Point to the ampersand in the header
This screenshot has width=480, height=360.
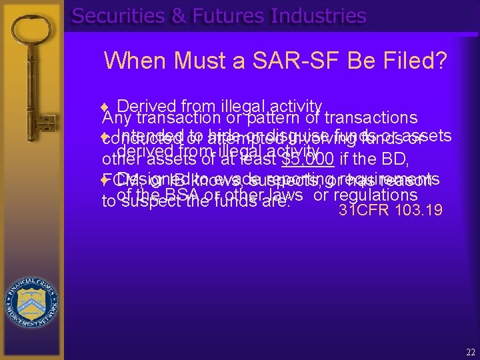pyautogui.click(x=179, y=16)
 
